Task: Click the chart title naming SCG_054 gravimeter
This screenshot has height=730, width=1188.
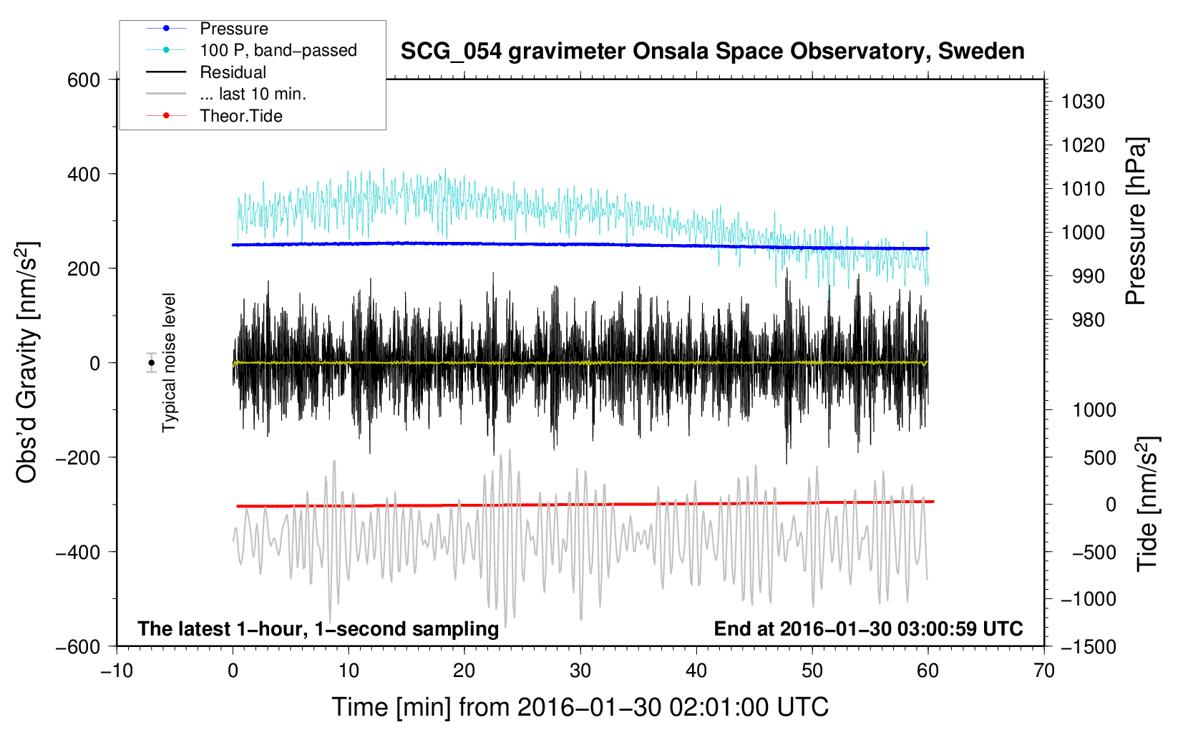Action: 712,52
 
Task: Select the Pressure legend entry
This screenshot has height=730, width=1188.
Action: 234,29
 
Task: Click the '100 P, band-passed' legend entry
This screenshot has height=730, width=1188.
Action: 278,50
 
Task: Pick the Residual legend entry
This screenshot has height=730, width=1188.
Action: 233,72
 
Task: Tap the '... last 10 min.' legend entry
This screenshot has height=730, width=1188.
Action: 253,94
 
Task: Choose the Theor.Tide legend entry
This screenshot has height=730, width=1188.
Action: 241,116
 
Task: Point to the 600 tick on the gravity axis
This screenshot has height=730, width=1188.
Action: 84,79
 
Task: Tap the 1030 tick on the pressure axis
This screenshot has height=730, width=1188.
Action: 1083,102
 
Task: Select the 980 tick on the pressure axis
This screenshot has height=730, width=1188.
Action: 1088,320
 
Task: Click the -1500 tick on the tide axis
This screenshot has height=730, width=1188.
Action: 1089,646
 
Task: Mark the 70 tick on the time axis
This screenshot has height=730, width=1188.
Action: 1044,671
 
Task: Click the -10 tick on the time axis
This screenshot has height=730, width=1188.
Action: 116,671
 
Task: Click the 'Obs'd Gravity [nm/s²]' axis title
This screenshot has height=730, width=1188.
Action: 27,362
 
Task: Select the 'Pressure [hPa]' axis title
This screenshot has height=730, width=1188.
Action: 1136,221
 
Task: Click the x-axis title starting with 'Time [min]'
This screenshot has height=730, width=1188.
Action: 580,707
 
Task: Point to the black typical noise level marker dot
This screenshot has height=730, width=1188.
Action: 151,363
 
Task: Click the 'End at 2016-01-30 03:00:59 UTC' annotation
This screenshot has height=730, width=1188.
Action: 868,628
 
